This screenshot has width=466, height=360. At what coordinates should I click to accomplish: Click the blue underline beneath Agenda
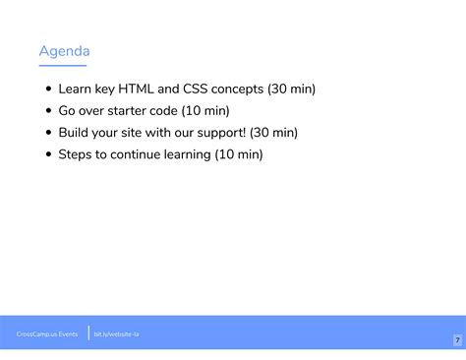(62, 65)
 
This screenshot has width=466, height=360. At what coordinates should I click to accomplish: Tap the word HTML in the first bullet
(138, 89)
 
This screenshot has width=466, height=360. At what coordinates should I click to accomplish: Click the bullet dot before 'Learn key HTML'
(49, 90)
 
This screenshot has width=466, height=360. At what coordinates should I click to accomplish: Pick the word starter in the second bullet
(128, 110)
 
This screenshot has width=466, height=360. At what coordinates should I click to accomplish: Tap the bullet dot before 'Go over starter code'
(49, 111)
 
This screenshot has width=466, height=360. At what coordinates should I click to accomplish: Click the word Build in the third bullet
(75, 132)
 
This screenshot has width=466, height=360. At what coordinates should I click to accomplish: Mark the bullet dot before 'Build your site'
(49, 133)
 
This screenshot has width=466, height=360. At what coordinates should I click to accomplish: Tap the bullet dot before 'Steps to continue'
(49, 154)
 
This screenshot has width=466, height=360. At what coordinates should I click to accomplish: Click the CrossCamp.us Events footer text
(47, 334)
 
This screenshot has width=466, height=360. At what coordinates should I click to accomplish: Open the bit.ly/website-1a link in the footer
(116, 334)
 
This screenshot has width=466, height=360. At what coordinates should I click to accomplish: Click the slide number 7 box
(457, 339)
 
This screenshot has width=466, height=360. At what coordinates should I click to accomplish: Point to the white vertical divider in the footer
(88, 334)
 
